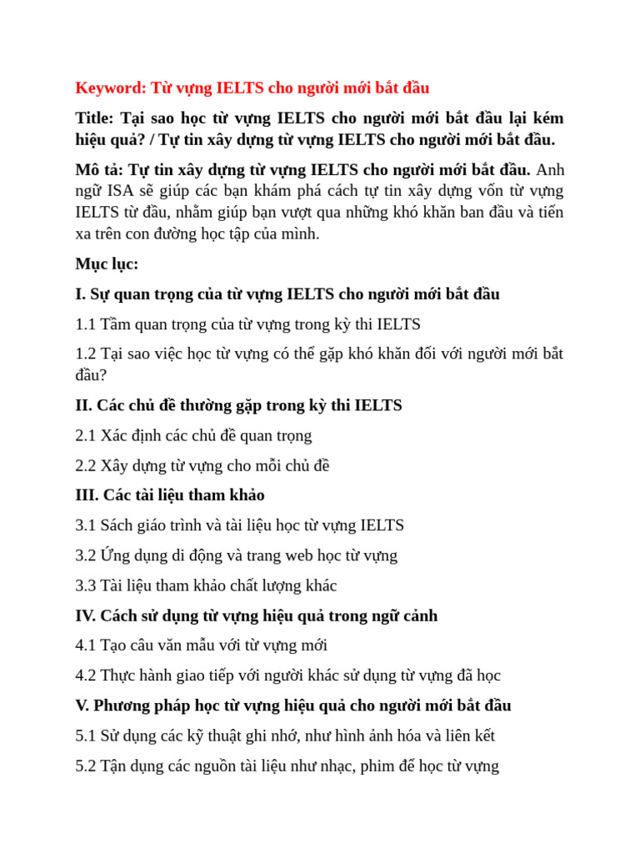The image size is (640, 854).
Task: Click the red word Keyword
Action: click(109, 88)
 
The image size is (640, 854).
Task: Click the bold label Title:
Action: click(94, 118)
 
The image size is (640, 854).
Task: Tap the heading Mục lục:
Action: click(107, 264)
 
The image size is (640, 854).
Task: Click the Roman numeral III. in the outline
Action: click(87, 495)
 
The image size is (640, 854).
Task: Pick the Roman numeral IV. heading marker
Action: click(85, 615)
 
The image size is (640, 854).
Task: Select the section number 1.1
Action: click(85, 324)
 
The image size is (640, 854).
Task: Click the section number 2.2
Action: click(85, 465)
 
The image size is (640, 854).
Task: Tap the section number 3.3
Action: click(85, 585)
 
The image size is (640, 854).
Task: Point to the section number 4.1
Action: click(85, 646)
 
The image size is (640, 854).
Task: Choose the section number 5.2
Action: click(85, 766)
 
